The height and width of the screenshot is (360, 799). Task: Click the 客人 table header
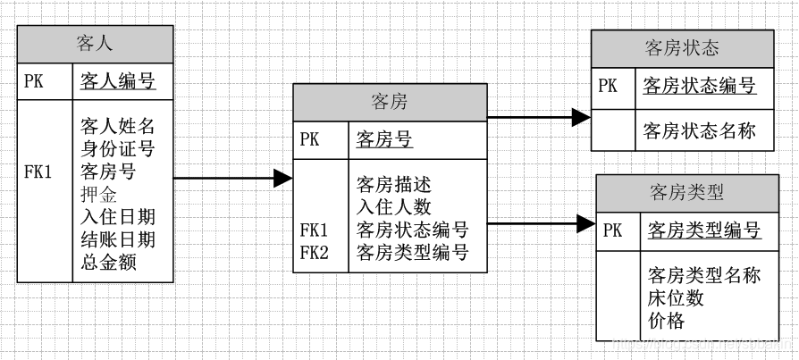[x=95, y=44]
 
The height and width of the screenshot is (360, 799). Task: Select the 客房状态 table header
[x=682, y=48]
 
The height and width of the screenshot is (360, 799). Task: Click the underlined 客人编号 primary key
[x=118, y=82]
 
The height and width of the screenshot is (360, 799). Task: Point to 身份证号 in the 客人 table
[x=118, y=147]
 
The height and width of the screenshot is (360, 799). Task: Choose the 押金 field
[x=99, y=193]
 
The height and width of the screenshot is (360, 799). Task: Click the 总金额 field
[x=109, y=262]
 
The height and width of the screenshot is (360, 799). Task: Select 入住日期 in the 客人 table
[x=118, y=216]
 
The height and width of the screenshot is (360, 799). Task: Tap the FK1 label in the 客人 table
[x=38, y=171]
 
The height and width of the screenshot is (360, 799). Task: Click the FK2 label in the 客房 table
[x=315, y=253]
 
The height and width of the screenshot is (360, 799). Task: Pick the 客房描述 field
[x=394, y=185]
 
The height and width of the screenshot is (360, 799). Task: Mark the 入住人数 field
[x=394, y=207]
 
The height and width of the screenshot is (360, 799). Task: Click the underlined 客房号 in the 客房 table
[x=384, y=138]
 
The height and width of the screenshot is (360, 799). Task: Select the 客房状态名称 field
[x=700, y=131]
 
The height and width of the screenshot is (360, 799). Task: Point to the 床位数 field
[x=676, y=297]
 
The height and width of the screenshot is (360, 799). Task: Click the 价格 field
[x=667, y=320]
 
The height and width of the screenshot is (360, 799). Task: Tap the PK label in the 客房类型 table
[x=613, y=230]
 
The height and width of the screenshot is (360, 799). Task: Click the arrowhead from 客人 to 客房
[x=283, y=179]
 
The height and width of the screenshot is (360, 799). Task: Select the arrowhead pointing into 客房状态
[x=581, y=116]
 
